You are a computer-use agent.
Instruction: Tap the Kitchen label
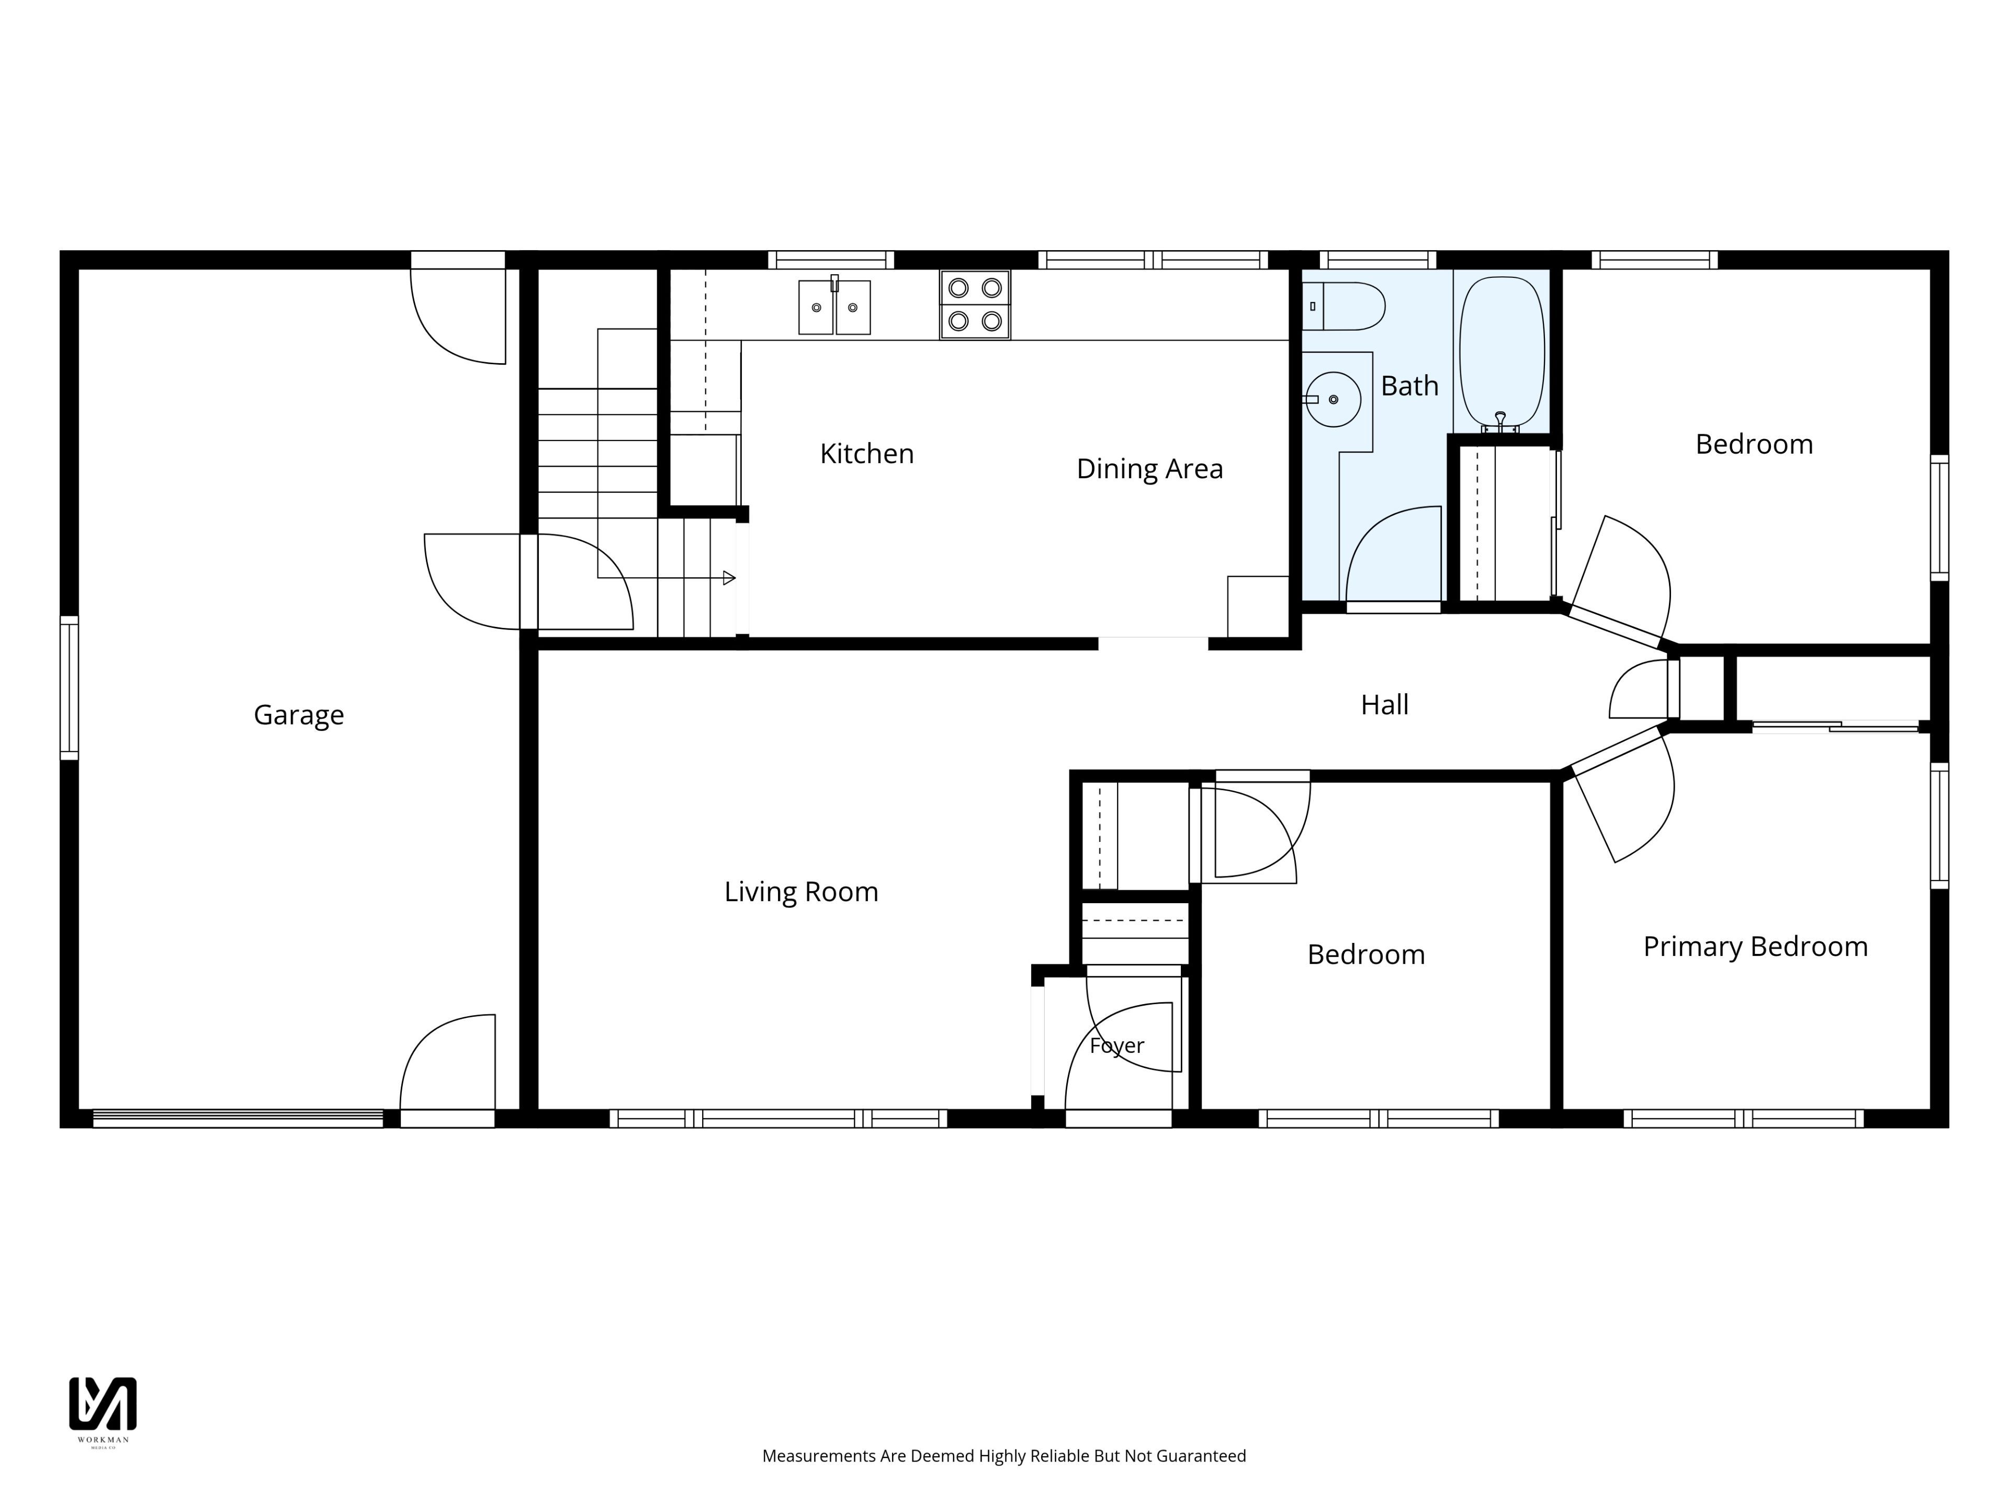tap(866, 453)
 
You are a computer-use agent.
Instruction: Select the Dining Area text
tap(1150, 469)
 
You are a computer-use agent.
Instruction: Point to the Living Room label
tap(801, 892)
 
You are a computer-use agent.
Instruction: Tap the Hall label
tap(1384, 705)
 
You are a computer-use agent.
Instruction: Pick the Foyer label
tap(1117, 1045)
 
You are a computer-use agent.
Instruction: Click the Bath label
tap(1409, 386)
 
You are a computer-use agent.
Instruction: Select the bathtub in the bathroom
tap(1502, 354)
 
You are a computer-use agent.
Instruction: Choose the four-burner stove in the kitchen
tap(975, 305)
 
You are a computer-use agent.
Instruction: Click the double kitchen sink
tap(834, 306)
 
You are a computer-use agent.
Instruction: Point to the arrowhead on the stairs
tap(728, 578)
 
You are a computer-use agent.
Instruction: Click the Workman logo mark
tap(103, 1403)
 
